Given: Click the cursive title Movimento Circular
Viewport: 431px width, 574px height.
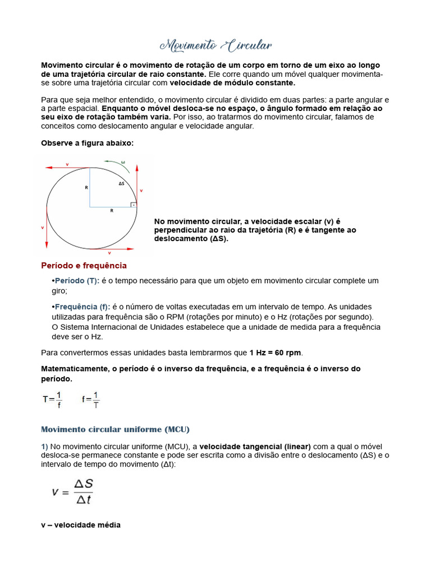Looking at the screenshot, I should (215, 45).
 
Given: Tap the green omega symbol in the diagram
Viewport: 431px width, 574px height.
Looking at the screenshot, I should (123, 163).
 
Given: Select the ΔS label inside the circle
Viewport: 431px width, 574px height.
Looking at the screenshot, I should (121, 183).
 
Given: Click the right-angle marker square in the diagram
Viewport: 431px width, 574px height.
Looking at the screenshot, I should (133, 205).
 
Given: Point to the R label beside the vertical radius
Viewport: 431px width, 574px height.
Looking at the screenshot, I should (86, 187).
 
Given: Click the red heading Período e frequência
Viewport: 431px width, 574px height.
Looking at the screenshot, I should (84, 265).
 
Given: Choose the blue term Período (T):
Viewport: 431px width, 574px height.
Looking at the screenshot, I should (76, 280).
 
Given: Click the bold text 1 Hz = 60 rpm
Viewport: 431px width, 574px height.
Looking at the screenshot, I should (275, 353).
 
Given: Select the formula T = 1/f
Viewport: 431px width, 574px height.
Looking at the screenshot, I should (53, 399).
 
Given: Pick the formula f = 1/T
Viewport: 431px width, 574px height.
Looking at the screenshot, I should (91, 399).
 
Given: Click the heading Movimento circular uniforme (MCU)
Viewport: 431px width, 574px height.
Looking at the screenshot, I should (115, 429).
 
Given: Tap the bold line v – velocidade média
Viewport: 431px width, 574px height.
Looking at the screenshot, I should (80, 525).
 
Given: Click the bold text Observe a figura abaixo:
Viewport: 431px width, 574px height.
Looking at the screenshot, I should (87, 143).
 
